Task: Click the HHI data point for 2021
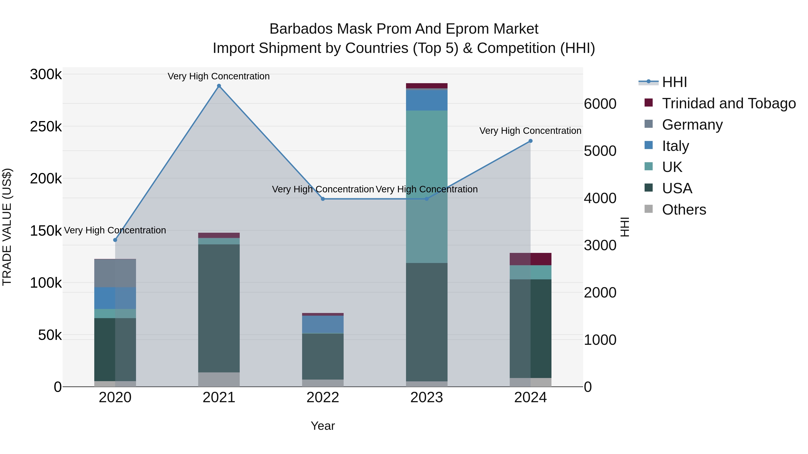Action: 219,86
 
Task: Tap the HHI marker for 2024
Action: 530,141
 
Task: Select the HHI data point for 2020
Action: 115,240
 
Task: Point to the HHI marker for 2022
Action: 323,199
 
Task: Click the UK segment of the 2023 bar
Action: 427,187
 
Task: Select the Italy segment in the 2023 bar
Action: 427,100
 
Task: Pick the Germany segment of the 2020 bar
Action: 115,273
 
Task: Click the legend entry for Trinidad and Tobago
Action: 729,103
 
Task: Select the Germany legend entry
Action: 692,125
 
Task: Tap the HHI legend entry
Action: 674,82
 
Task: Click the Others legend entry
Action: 684,210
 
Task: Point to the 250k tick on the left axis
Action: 46,127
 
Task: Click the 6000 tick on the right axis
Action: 600,104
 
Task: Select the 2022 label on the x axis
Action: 323,398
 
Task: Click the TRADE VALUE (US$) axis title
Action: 7,227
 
